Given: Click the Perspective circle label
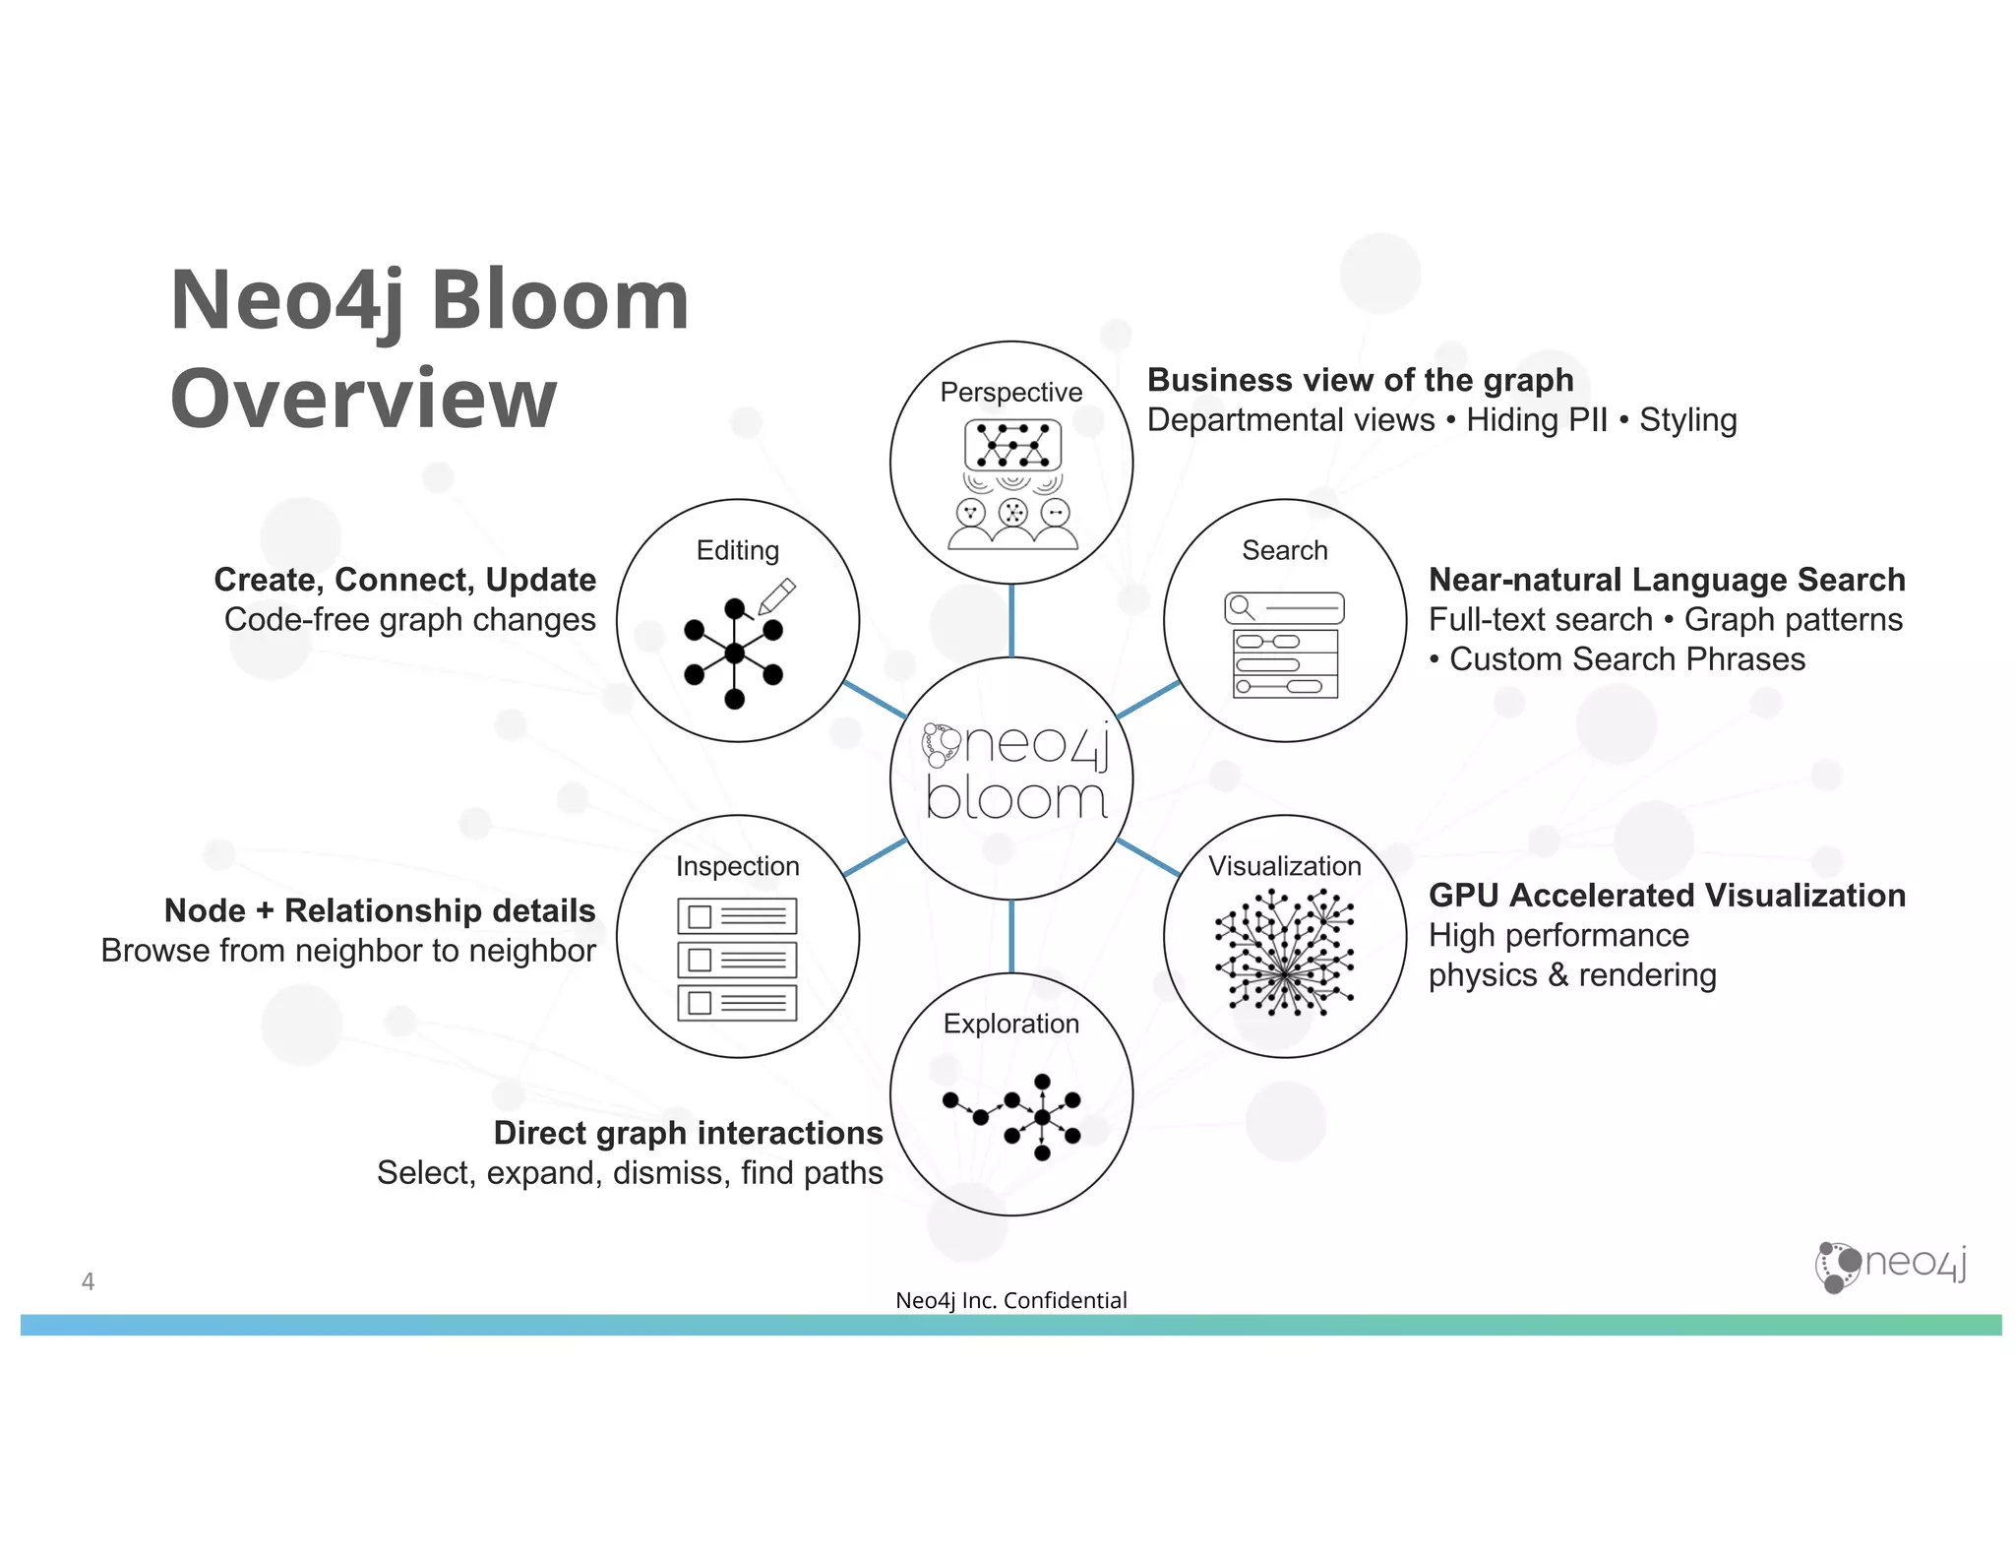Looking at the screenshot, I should tap(1010, 392).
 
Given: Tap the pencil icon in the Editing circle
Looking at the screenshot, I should tap(776, 595).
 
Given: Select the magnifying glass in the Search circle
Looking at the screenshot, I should tap(1242, 606).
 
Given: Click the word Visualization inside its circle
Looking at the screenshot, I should tap(1284, 866).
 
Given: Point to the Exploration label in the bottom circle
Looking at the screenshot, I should tap(1010, 1024).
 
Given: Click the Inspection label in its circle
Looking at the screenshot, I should tap(737, 866).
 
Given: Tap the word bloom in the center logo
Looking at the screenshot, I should tap(1016, 799).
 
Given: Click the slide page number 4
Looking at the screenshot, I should tap(88, 1281).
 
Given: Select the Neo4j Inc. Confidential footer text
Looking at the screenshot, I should tap(1010, 1300).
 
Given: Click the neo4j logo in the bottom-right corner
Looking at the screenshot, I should tap(1890, 1265).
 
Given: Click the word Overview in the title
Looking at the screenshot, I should tap(363, 399).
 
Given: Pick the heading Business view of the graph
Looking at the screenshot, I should tap(1360, 380).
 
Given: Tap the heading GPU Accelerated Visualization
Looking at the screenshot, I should tap(1667, 896).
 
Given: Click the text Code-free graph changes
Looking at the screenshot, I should tap(409, 620).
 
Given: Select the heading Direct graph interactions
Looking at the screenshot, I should tap(688, 1133).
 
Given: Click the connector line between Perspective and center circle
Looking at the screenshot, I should tap(1011, 620).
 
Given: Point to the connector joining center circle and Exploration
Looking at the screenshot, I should tap(1011, 936).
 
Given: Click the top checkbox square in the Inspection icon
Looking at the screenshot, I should tap(700, 916).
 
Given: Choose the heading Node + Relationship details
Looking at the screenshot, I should tap(380, 910).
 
